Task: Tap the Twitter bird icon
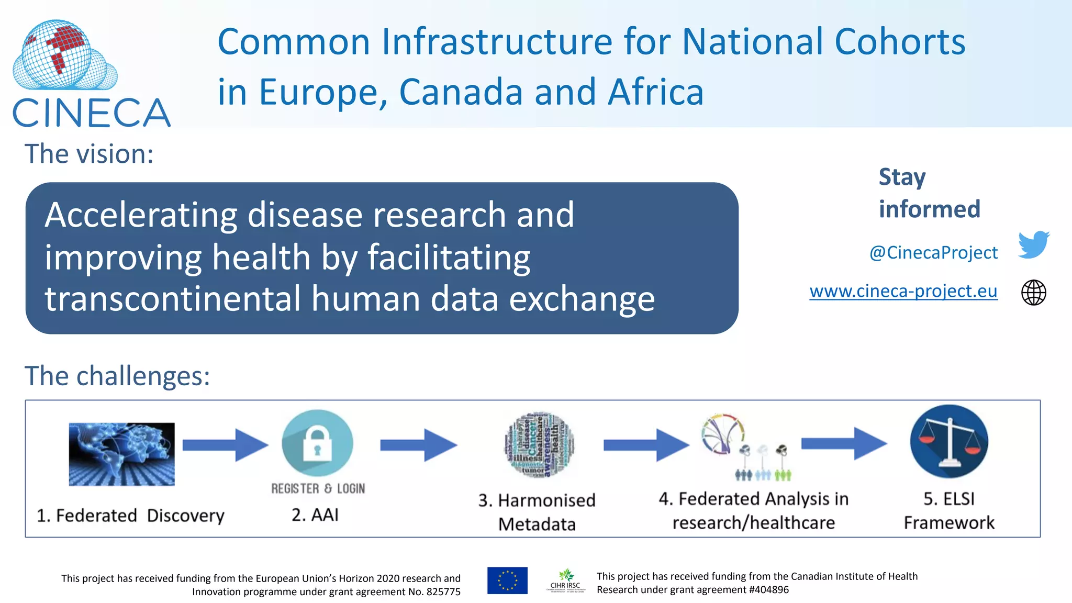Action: pyautogui.click(x=1033, y=244)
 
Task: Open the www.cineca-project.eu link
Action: pyautogui.click(x=903, y=291)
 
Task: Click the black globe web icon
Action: pyautogui.click(x=1033, y=292)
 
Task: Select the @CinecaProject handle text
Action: pyautogui.click(x=933, y=253)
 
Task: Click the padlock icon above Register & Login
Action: pyautogui.click(x=317, y=443)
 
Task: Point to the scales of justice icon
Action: pyautogui.click(x=948, y=441)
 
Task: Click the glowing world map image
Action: pyautogui.click(x=121, y=454)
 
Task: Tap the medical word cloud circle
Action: pyautogui.click(x=539, y=444)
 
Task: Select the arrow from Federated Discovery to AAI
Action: pyautogui.click(x=225, y=445)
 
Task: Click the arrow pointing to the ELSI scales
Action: pyautogui.click(x=844, y=443)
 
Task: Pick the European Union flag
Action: pyautogui.click(x=507, y=580)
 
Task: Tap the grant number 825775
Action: pyautogui.click(x=443, y=592)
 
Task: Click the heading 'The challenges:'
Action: pyautogui.click(x=117, y=376)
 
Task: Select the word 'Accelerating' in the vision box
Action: pyautogui.click(x=141, y=215)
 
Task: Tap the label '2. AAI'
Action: pyautogui.click(x=315, y=515)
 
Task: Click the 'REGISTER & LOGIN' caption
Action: pyautogui.click(x=318, y=488)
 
